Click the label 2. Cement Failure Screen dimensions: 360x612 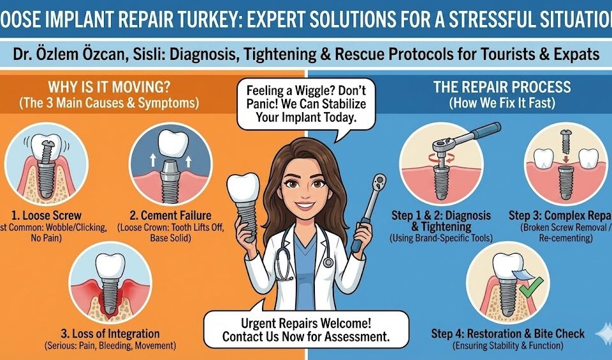click(x=170, y=215)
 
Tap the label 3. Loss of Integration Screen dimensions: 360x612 click(x=110, y=334)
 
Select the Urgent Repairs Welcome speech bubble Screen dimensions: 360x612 click(x=305, y=329)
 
